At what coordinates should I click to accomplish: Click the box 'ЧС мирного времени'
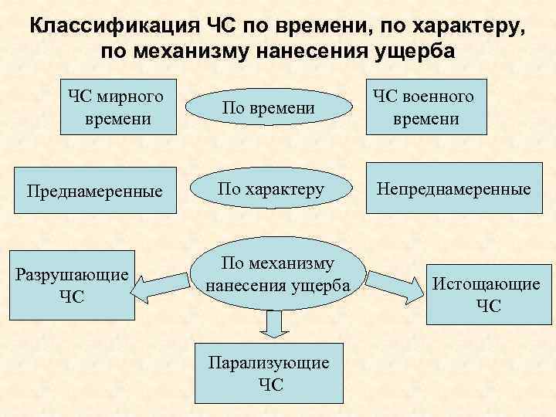coord(115,107)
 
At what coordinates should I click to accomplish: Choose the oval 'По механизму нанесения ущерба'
coord(278,274)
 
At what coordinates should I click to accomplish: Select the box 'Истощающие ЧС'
coord(486,294)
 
